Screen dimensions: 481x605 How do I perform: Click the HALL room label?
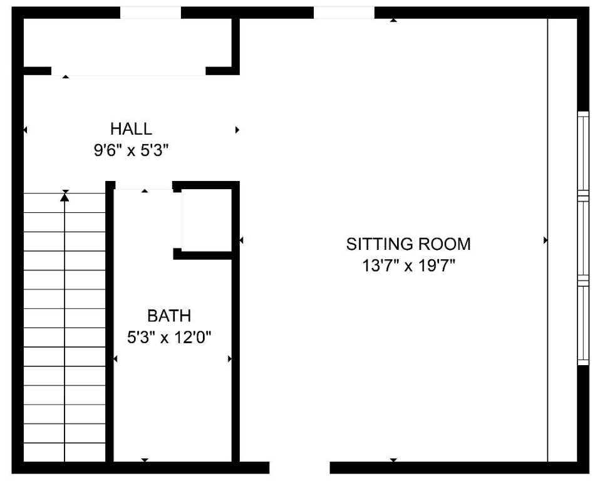[x=131, y=129]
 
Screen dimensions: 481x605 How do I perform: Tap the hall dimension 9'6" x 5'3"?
[x=131, y=151]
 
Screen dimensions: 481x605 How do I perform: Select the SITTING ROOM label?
[x=408, y=244]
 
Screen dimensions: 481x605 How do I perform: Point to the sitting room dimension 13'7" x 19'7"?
[x=408, y=266]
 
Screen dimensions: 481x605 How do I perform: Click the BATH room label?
[x=169, y=316]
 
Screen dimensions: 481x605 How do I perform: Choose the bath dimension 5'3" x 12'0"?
[x=169, y=338]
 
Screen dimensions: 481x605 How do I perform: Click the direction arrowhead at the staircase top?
[x=65, y=197]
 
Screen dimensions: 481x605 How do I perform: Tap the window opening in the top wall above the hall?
[x=150, y=13]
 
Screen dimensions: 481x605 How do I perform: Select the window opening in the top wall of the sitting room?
[x=344, y=13]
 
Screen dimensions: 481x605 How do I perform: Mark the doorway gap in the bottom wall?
[x=299, y=467]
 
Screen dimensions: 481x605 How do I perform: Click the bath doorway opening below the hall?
[x=144, y=185]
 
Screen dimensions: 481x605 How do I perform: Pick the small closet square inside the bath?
[x=206, y=219]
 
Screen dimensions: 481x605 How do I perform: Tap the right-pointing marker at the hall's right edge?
[x=237, y=130]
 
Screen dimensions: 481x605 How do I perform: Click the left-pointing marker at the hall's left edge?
[x=25, y=130]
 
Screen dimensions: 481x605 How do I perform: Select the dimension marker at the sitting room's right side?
[x=546, y=240]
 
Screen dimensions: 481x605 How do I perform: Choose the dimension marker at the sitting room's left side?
[x=241, y=240]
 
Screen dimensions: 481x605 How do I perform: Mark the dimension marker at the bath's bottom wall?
[x=145, y=460]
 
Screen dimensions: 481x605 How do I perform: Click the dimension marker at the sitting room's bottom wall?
[x=393, y=460]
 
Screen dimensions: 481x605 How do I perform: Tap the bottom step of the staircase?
[x=65, y=452]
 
